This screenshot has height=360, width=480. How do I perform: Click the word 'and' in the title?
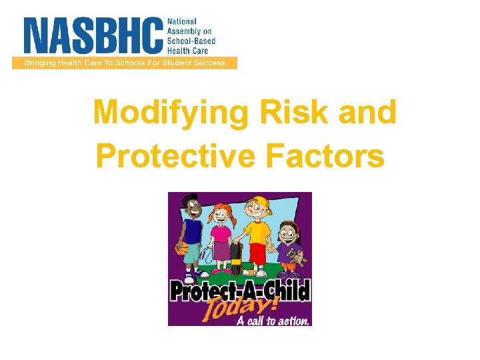pos(367,113)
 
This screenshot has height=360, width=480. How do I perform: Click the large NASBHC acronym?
pos(94,36)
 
